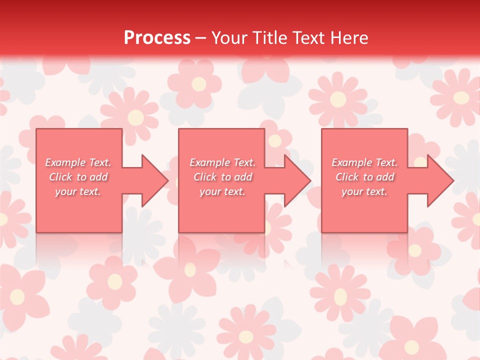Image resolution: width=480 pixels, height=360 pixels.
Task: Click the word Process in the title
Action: click(x=157, y=38)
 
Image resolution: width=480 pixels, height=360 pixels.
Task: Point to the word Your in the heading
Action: click(x=229, y=38)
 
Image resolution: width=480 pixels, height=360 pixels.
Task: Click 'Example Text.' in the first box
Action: click(x=78, y=162)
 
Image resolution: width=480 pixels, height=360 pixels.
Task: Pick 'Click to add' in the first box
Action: click(x=78, y=177)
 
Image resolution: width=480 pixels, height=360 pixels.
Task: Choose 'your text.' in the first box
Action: click(x=78, y=191)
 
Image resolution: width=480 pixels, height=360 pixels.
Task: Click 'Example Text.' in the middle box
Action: click(x=222, y=162)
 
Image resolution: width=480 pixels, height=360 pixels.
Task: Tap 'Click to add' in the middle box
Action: click(x=222, y=177)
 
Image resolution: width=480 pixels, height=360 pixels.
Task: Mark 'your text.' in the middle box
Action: click(x=222, y=191)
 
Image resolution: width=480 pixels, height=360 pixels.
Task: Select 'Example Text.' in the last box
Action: click(x=364, y=162)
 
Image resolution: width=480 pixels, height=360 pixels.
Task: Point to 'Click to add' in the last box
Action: click(x=364, y=177)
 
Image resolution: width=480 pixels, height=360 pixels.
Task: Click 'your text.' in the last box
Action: click(x=364, y=191)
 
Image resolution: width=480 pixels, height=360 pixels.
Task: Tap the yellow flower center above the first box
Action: click(x=135, y=118)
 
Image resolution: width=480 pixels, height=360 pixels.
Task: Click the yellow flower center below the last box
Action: click(x=414, y=250)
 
